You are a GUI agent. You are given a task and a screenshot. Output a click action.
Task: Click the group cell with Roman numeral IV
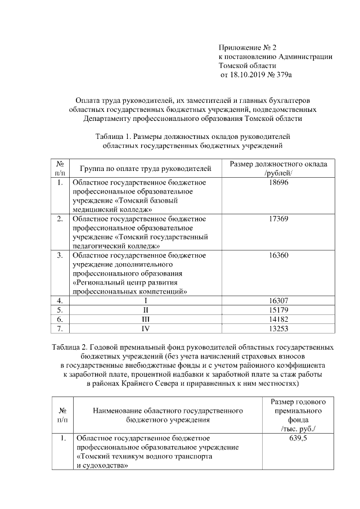(146, 329)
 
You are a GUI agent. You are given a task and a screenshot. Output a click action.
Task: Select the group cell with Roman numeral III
(146, 319)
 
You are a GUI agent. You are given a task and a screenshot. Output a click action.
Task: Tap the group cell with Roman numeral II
(146, 310)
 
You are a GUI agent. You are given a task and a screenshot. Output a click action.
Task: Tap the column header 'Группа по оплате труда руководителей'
(146, 168)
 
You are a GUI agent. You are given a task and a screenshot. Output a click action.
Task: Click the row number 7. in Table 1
(60, 329)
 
